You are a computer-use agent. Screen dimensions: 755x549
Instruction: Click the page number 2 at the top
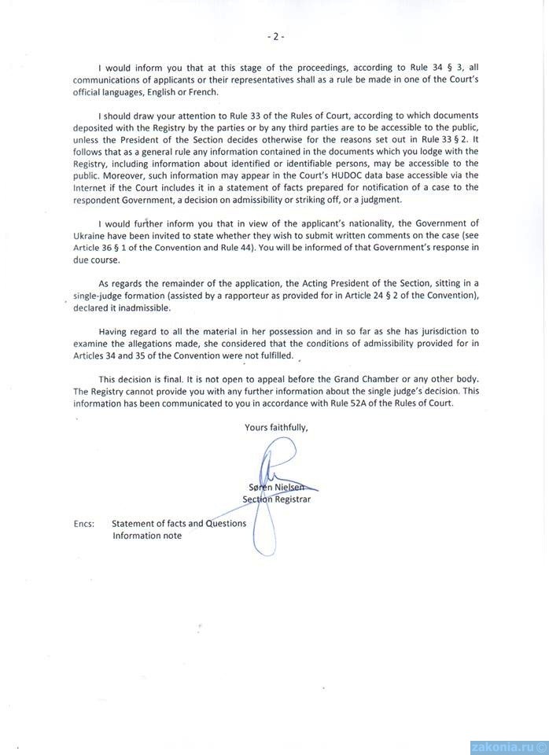click(x=274, y=36)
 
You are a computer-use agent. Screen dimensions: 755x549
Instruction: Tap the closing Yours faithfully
click(x=276, y=428)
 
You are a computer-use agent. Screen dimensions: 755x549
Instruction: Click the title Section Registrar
click(x=277, y=499)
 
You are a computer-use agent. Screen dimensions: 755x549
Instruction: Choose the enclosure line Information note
click(x=146, y=535)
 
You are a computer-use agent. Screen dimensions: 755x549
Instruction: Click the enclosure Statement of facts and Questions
click(x=179, y=523)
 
